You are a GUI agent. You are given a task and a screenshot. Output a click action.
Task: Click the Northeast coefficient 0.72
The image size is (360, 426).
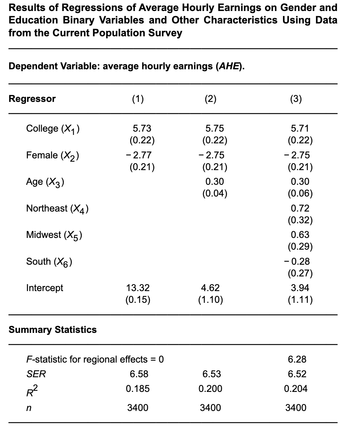[x=300, y=208]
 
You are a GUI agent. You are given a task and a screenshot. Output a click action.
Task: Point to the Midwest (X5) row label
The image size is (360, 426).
[x=54, y=235]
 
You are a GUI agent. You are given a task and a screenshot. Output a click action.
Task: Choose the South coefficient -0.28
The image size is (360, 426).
[x=297, y=261]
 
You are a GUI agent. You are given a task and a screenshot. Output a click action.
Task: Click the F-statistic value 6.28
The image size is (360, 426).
[x=297, y=359]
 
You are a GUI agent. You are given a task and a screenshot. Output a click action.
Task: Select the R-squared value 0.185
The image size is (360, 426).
[x=138, y=389]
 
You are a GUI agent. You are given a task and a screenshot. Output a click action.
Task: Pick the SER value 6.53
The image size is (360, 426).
[x=212, y=374]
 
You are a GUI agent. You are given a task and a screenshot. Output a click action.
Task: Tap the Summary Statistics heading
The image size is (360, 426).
[x=53, y=330]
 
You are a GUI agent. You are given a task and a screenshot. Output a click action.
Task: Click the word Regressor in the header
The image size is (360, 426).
[x=32, y=99]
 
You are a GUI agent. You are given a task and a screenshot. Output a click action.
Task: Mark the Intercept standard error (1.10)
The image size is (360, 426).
[x=210, y=300]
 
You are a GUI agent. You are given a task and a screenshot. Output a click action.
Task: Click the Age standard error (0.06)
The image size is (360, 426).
[x=300, y=194]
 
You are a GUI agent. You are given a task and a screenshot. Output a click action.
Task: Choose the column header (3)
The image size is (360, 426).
[x=295, y=99]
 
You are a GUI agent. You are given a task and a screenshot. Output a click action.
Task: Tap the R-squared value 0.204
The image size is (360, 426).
[x=296, y=389]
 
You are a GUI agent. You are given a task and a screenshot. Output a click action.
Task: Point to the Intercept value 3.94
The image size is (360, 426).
[x=300, y=288]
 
